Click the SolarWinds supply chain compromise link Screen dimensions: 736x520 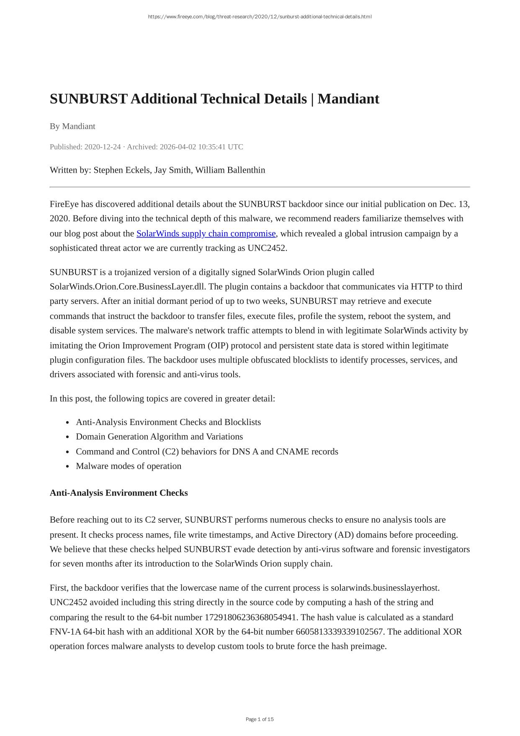tap(206, 233)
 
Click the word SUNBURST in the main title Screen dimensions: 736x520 tap(88, 99)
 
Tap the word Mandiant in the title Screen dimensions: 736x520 tap(348, 99)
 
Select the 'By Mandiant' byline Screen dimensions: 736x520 tap(72, 126)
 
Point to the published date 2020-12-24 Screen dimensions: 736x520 tap(103, 147)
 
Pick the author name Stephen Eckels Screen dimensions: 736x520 tap(122, 170)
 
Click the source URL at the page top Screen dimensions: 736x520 tap(260, 17)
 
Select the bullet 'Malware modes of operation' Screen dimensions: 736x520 tap(129, 466)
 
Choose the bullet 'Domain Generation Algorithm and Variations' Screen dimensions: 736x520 tap(159, 437)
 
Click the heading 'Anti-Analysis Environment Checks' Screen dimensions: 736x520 tap(118, 493)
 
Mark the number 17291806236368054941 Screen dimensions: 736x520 tap(250, 617)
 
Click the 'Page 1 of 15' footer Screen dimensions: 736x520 tap(260, 719)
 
